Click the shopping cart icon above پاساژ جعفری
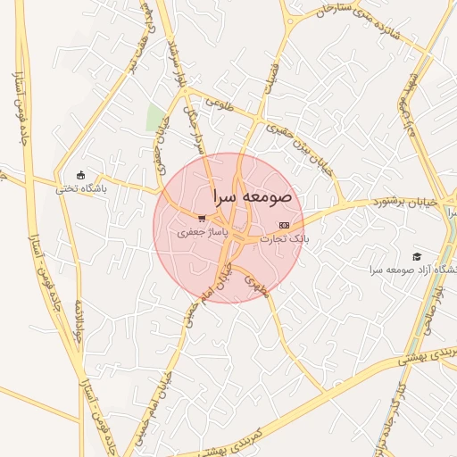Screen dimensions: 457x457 tap(203, 218)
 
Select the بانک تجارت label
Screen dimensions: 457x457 tap(285, 239)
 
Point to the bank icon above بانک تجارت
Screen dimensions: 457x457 tap(285, 225)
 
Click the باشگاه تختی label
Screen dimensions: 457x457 tap(81, 188)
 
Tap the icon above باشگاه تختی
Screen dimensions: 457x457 tap(81, 175)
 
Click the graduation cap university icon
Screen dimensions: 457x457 tap(417, 256)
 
